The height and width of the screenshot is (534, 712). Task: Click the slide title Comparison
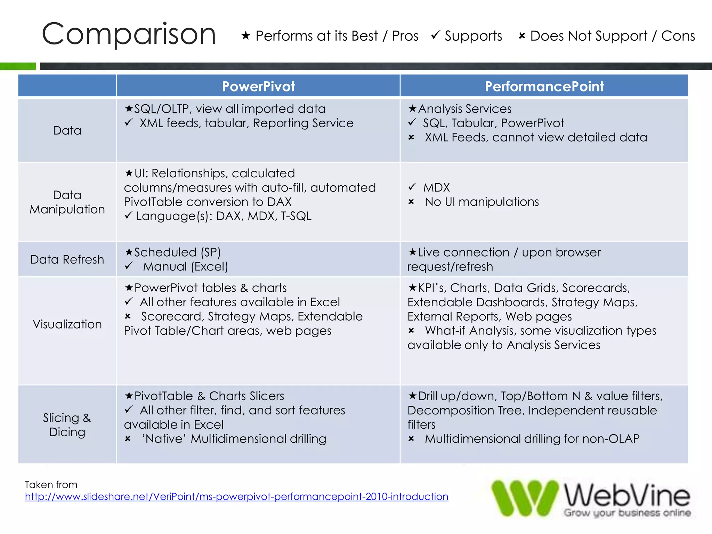point(129,34)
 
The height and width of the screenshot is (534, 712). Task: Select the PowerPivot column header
point(258,86)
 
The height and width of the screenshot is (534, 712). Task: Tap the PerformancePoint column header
point(544,86)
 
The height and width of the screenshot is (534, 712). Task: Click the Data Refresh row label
point(67,259)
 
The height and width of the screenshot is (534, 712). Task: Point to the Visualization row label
point(67,324)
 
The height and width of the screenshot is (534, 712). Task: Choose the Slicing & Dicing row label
point(67,424)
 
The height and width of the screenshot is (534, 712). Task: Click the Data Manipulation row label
point(67,202)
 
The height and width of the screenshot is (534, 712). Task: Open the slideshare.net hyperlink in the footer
point(236,496)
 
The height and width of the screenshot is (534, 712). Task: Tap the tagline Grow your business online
point(627,513)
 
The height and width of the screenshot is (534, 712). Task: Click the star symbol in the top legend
point(246,35)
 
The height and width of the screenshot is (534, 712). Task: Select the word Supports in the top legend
point(473,36)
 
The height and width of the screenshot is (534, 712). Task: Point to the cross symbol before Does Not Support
point(522,36)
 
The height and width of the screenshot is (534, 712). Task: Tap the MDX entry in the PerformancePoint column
point(436,188)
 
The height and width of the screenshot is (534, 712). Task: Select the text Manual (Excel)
point(185,267)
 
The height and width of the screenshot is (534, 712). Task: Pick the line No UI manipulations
point(482,202)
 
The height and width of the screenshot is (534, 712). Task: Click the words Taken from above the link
point(51,485)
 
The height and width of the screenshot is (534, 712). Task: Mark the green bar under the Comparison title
point(18,66)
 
